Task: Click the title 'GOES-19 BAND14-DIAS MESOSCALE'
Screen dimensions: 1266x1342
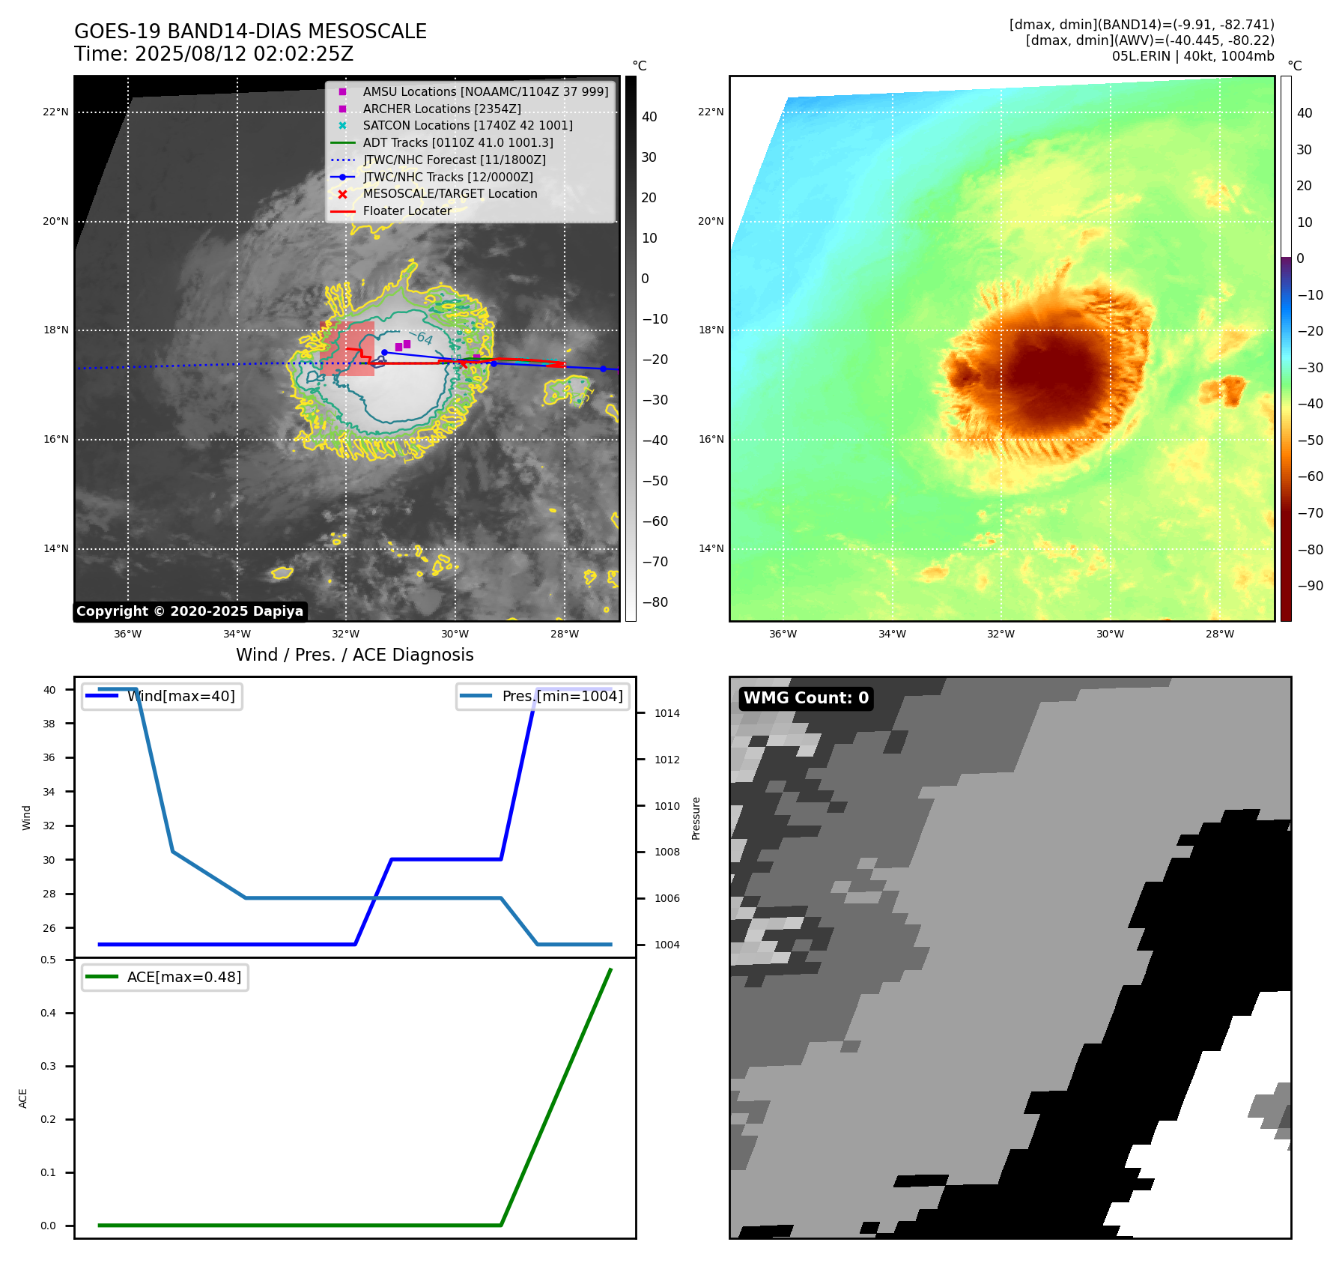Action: pyautogui.click(x=250, y=31)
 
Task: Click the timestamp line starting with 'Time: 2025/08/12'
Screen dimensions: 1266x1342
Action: pyautogui.click(x=213, y=54)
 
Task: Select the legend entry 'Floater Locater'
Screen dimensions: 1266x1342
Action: pyautogui.click(x=407, y=211)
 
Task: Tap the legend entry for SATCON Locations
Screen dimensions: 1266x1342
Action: pyautogui.click(x=467, y=126)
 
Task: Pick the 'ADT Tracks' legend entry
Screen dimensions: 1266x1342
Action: pyautogui.click(x=458, y=142)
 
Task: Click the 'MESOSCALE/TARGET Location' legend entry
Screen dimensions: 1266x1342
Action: pyautogui.click(x=449, y=194)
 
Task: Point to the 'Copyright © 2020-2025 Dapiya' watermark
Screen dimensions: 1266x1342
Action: pyautogui.click(x=189, y=611)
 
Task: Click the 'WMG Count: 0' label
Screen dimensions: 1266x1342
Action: pyautogui.click(x=806, y=698)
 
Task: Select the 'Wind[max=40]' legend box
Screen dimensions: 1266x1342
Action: pyautogui.click(x=162, y=696)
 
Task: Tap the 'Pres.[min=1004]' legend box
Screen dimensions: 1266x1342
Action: pyautogui.click(x=543, y=696)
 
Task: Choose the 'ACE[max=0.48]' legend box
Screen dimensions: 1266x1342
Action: pyautogui.click(x=165, y=977)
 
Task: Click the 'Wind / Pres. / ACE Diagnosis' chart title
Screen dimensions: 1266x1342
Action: pyautogui.click(x=354, y=655)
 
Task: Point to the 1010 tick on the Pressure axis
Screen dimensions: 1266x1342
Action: pyautogui.click(x=667, y=806)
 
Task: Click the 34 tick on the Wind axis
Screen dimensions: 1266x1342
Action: pyautogui.click(x=49, y=792)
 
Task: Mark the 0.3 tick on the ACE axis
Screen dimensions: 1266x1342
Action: pyautogui.click(x=48, y=1066)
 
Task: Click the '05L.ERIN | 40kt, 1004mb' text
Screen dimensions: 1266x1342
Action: pyautogui.click(x=1192, y=56)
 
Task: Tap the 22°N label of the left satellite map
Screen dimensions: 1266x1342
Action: pyautogui.click(x=55, y=112)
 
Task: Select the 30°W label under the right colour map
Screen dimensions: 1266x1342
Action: pyautogui.click(x=1110, y=634)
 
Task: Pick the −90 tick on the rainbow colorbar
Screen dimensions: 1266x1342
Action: pyautogui.click(x=1310, y=586)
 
